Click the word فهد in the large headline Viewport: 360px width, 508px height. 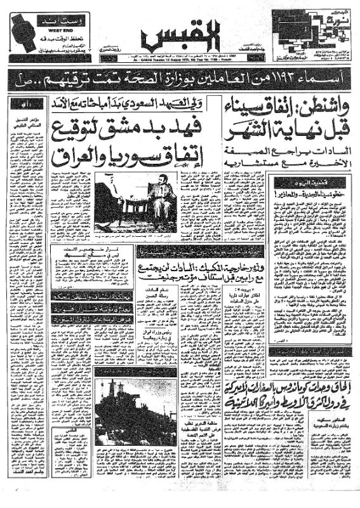click(x=183, y=123)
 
